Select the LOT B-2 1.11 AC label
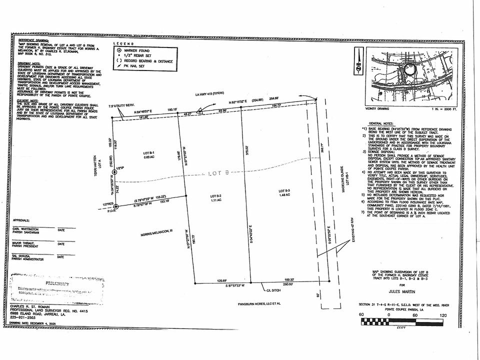click(x=215, y=197)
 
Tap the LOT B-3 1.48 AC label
click(x=284, y=193)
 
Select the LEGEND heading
click(x=123, y=44)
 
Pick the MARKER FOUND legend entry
click(x=137, y=50)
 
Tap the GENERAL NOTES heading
click(x=381, y=123)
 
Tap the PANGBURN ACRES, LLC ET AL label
click(x=259, y=302)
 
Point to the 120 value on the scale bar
click(x=443, y=315)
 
